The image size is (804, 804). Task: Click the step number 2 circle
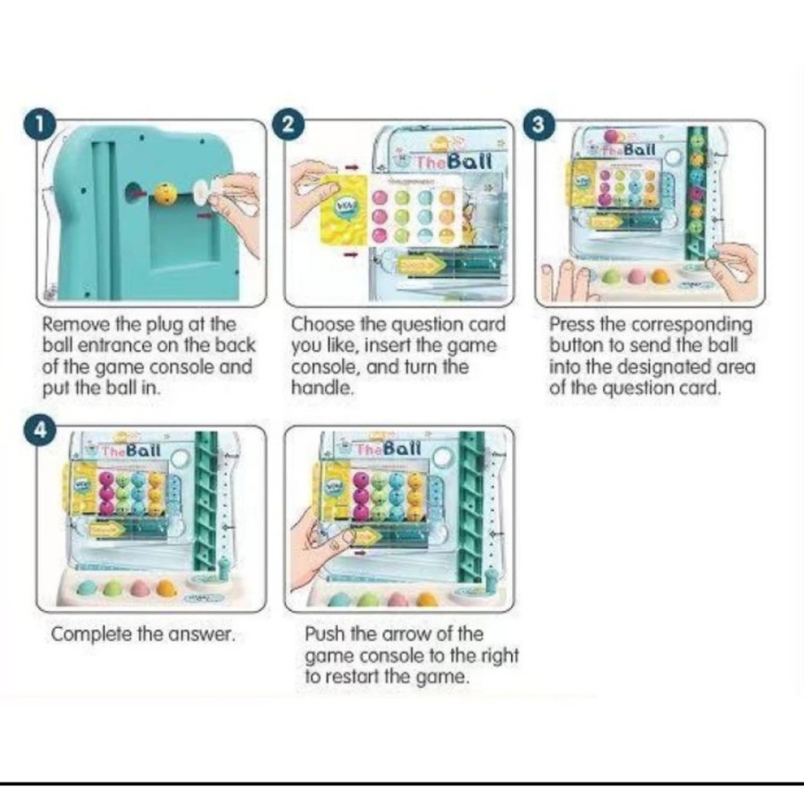289,125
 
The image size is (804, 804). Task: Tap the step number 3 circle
538,125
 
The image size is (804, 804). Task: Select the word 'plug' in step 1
166,326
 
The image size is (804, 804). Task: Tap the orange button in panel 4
166,588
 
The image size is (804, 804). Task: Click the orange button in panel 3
660,277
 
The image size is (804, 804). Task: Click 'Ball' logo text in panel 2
470,161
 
